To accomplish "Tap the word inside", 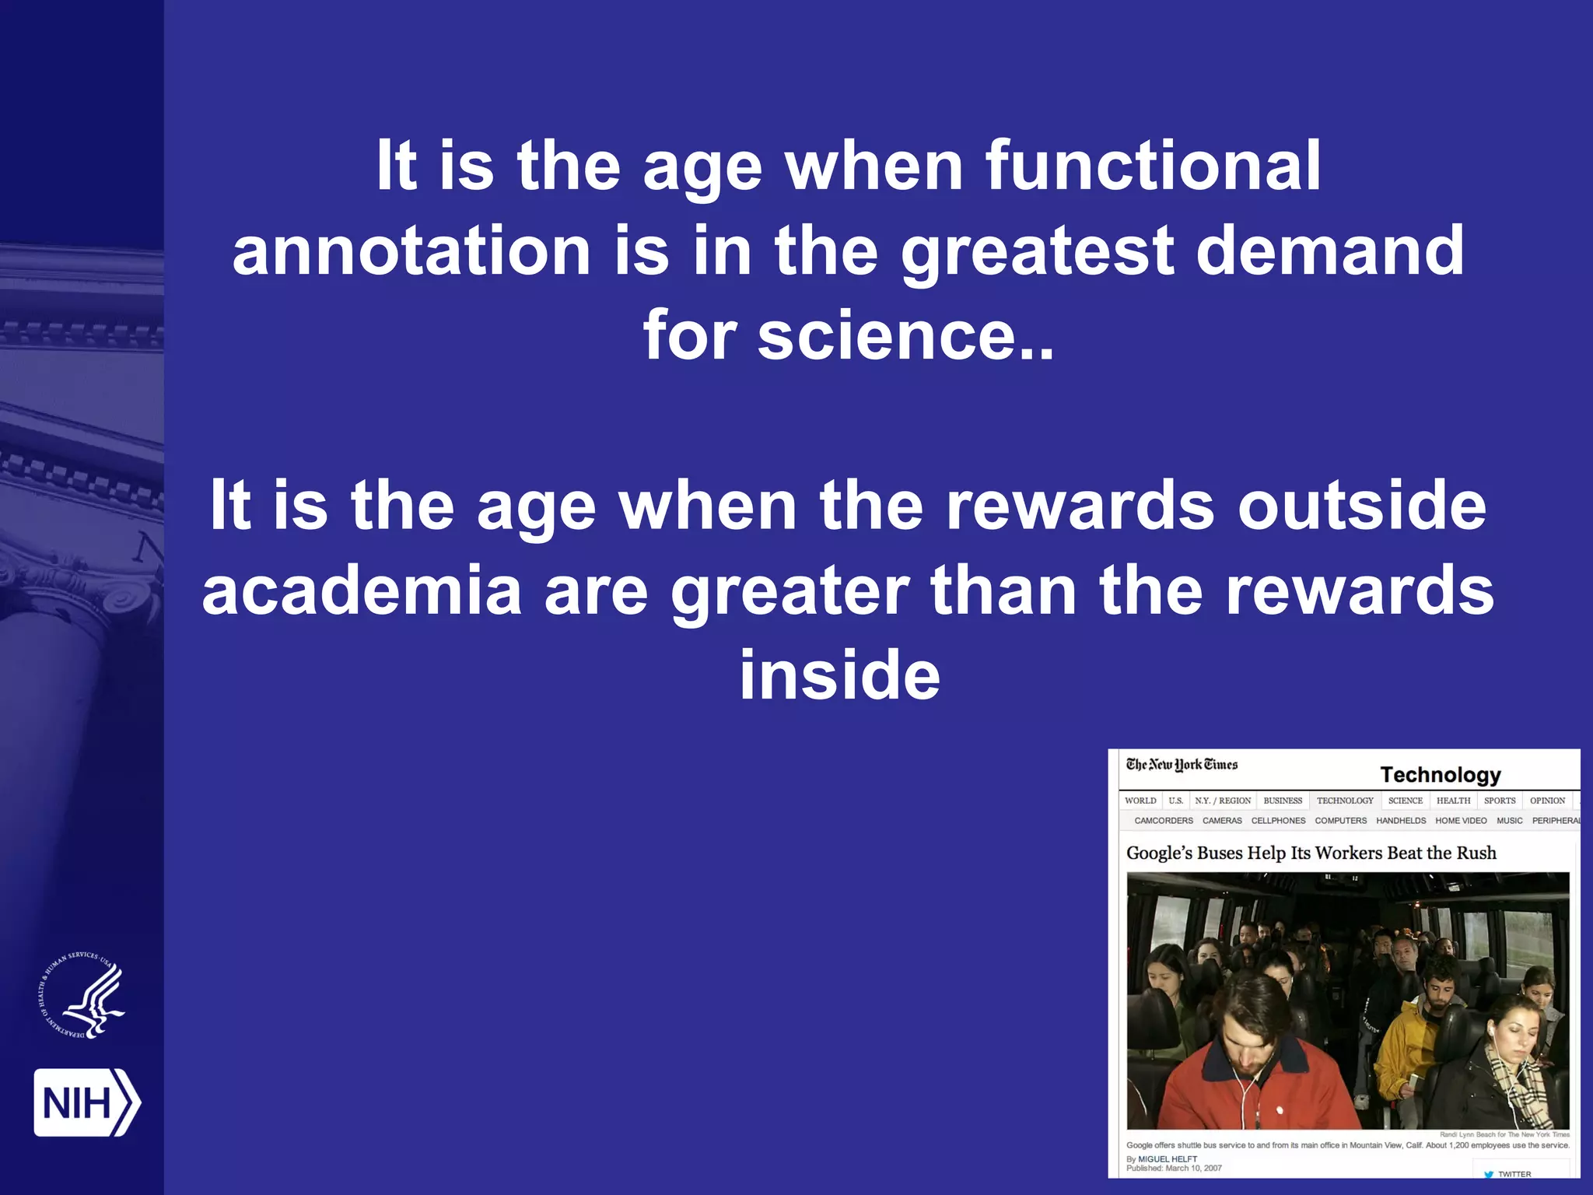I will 839,675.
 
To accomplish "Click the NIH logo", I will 86,1102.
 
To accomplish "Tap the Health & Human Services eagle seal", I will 82,996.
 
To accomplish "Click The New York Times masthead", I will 1182,765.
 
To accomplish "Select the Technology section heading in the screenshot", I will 1440,775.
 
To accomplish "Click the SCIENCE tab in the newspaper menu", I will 1405,801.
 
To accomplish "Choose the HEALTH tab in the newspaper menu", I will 1453,801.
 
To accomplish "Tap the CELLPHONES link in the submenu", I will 1278,821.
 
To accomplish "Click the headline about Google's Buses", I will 1311,853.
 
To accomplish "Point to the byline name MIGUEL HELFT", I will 1168,1159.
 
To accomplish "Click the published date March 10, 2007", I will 1193,1168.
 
